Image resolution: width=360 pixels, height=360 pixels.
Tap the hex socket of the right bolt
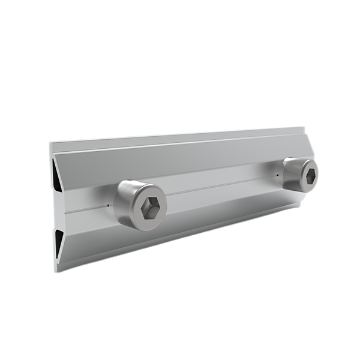[310, 176]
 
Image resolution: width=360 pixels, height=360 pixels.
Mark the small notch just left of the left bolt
[108, 205]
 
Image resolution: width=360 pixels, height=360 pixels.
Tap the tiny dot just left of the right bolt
[278, 175]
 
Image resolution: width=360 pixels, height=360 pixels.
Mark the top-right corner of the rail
[304, 127]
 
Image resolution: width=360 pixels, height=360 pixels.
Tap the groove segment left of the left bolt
[84, 210]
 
